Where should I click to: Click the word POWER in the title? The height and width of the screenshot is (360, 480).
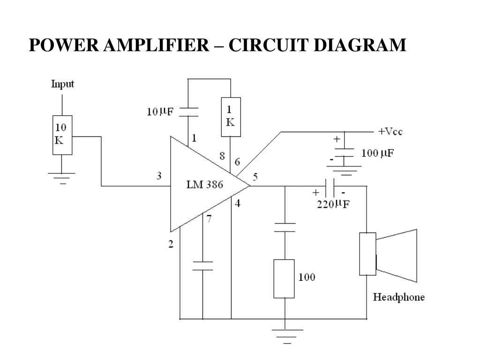pos(64,45)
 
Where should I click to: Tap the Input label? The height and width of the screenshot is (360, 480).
pos(62,84)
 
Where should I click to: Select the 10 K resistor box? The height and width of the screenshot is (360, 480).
pos(62,135)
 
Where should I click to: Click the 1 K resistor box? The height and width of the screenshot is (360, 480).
pos(231,117)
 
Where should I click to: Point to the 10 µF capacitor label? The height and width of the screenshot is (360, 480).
pos(160,111)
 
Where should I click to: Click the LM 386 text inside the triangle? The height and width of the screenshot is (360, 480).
pos(205,184)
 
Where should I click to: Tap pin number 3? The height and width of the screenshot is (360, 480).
pos(159,176)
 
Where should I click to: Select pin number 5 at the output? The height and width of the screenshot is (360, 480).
pos(255,177)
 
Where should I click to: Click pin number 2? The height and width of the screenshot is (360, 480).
pos(171,244)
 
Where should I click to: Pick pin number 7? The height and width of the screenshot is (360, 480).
pos(209,219)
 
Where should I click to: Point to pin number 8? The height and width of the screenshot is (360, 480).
pos(222,156)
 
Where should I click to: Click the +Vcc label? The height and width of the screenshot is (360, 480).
pos(390,132)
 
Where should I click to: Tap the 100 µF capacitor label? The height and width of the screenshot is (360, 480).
pos(377,153)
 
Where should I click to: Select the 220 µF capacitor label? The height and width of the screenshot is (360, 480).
pos(333,204)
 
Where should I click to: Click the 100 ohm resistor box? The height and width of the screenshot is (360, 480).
pos(284,278)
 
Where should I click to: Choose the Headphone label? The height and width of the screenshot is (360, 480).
pos(399,297)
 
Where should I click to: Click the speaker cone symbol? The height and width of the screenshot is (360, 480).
pos(397,255)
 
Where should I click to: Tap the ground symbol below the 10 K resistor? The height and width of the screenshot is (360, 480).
pos(61,178)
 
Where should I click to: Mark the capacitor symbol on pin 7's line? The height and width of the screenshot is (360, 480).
pos(202,266)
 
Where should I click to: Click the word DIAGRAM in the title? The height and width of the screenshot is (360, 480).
pos(360,45)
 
